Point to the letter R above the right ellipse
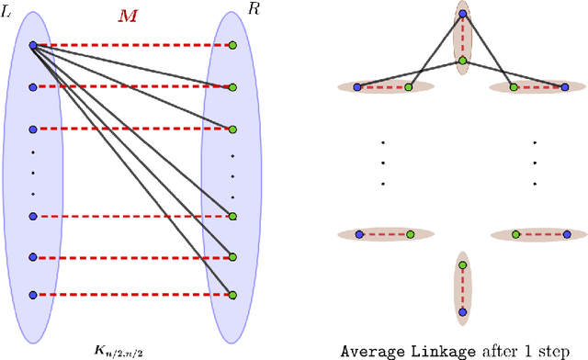254,9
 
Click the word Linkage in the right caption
435,349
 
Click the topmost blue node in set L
33,44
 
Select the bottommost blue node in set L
33,295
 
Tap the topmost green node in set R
233,44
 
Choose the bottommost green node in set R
233,295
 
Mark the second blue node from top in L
33,87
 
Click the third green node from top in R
233,129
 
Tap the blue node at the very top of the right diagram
462,17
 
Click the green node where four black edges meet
462,62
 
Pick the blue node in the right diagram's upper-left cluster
357,87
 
